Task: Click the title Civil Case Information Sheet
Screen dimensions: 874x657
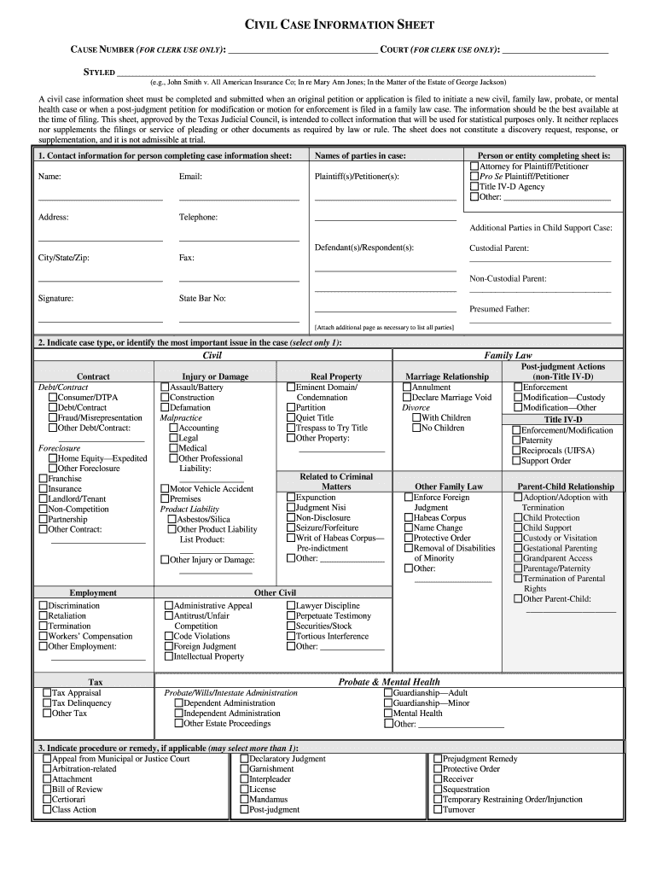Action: point(328,26)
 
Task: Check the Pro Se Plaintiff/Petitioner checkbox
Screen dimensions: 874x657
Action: point(474,177)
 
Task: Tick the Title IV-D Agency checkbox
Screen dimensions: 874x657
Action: point(474,187)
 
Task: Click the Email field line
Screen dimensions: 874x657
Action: point(239,199)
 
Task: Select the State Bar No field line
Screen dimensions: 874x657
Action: point(239,321)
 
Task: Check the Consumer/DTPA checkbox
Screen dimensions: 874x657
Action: point(53,398)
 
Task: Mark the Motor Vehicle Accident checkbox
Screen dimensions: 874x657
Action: point(165,489)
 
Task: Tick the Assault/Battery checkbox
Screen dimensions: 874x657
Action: point(165,387)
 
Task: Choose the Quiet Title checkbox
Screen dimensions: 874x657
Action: point(291,418)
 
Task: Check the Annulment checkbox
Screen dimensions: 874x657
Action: point(407,387)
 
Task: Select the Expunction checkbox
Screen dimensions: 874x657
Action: point(291,498)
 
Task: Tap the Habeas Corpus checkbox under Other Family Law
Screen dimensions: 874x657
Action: point(409,518)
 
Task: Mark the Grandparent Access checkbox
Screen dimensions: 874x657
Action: point(517,559)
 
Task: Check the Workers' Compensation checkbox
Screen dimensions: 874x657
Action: point(43,637)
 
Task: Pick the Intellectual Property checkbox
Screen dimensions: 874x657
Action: point(168,657)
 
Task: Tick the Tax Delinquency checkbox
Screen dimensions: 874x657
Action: point(47,703)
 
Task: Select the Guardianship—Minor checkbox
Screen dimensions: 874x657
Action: point(388,703)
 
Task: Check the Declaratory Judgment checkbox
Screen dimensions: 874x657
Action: point(244,759)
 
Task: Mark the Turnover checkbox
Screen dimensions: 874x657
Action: point(437,810)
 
